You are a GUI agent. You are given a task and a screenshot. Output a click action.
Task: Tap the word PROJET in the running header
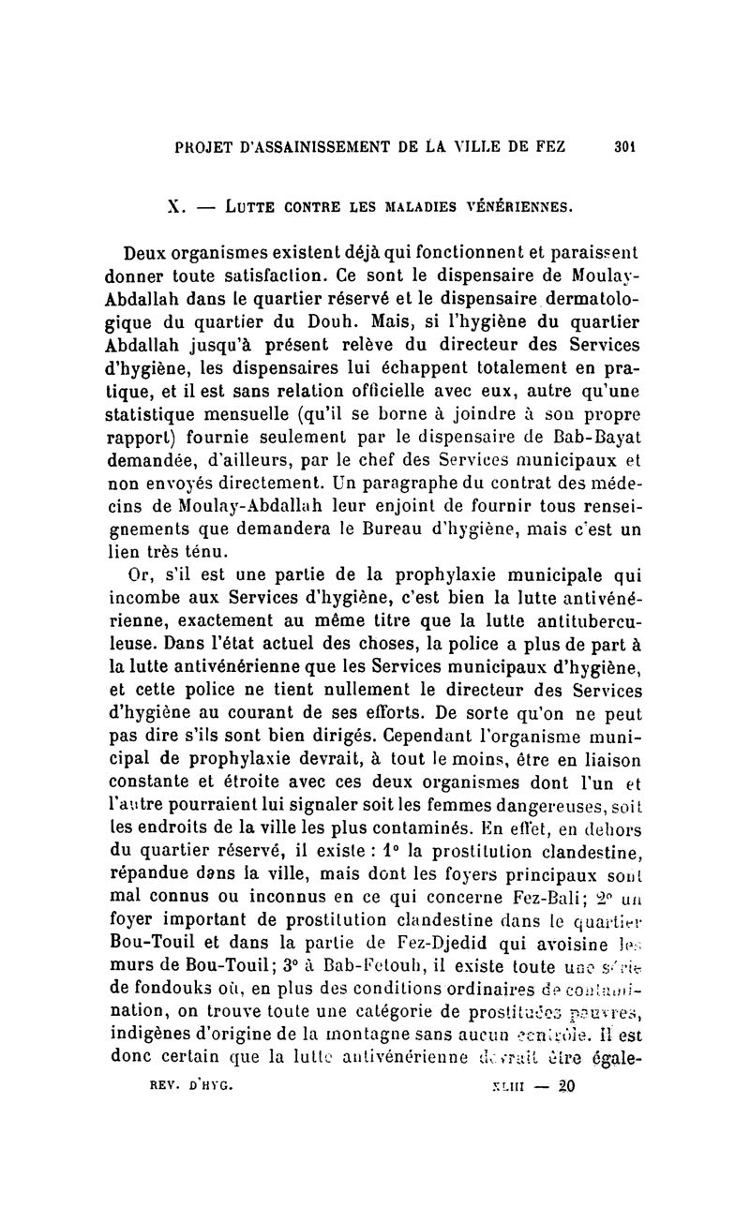click(x=206, y=146)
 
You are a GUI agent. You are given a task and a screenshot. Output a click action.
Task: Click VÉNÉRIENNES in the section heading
click(x=517, y=204)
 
